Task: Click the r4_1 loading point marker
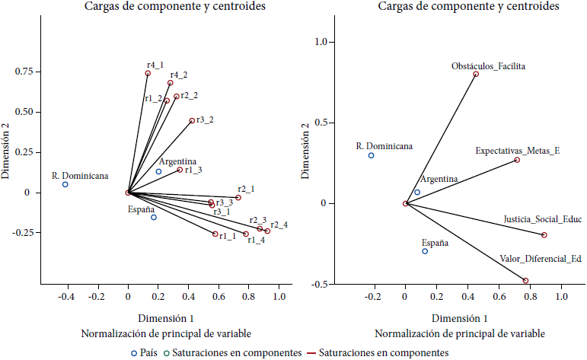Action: click(x=148, y=73)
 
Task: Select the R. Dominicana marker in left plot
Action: click(x=65, y=184)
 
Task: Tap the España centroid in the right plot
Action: click(x=425, y=251)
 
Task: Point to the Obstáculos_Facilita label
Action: click(x=488, y=66)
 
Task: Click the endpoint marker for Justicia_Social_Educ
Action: click(x=544, y=235)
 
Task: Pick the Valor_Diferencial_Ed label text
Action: click(x=541, y=259)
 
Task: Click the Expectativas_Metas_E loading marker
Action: click(x=517, y=160)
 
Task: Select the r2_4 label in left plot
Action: click(x=279, y=225)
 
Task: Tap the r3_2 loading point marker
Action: click(x=192, y=120)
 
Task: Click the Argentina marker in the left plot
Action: click(x=158, y=171)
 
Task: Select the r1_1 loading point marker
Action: click(x=215, y=234)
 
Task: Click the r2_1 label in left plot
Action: click(x=246, y=189)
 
